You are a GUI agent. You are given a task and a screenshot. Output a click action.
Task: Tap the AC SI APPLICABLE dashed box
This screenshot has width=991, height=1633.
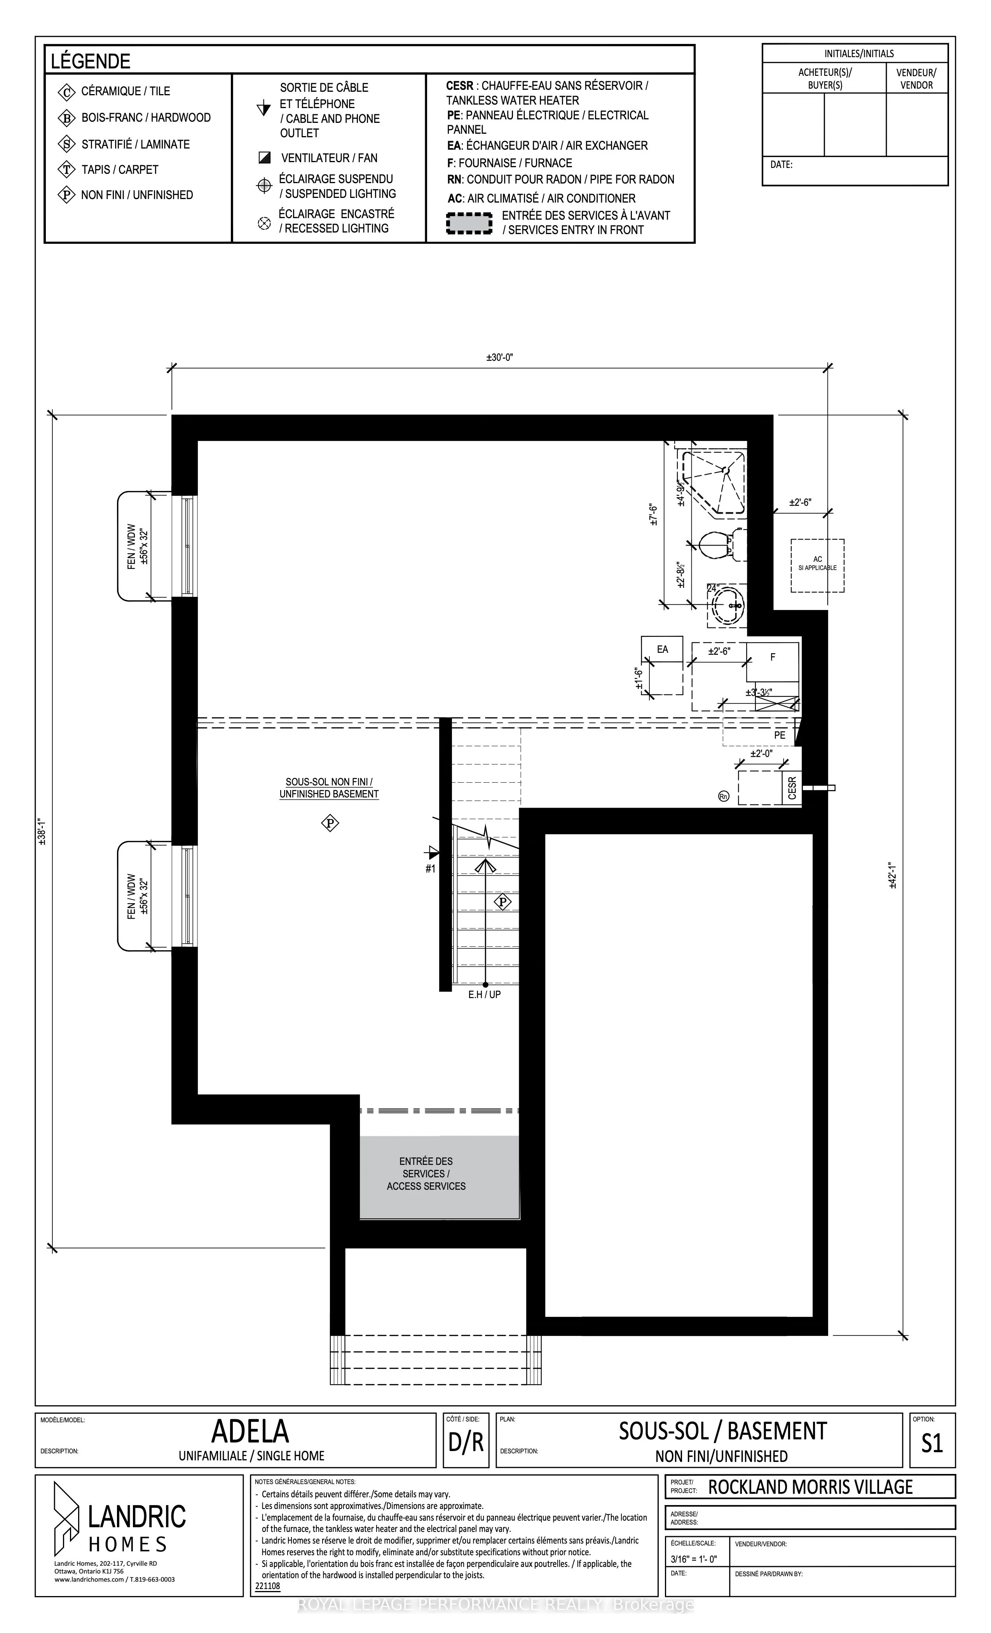[817, 565]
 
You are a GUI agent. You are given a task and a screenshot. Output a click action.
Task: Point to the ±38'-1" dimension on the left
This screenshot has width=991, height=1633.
[42, 833]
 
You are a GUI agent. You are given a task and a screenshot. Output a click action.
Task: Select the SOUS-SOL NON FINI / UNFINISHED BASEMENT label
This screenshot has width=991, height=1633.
[328, 788]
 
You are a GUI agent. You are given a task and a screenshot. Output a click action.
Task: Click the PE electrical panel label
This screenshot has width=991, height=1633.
[780, 735]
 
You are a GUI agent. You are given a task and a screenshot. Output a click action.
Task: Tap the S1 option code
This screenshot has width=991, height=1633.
[932, 1443]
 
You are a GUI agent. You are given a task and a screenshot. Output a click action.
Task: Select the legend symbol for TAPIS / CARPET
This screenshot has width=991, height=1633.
[67, 170]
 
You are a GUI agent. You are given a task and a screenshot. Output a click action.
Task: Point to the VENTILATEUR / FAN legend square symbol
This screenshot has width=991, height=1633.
[264, 158]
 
